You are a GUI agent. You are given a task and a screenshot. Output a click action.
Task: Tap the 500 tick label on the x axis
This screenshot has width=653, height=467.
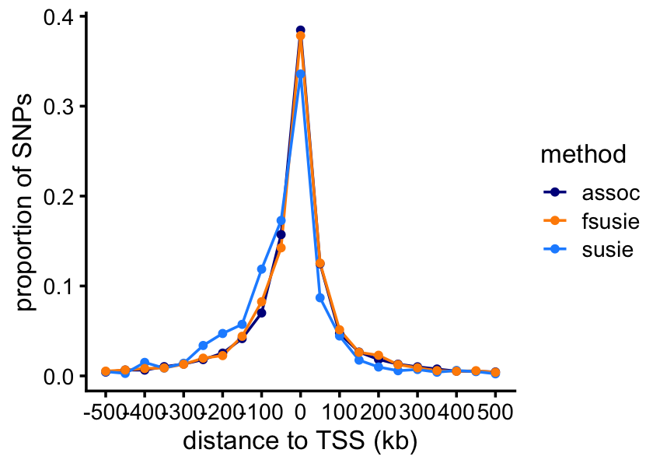coord(495,409)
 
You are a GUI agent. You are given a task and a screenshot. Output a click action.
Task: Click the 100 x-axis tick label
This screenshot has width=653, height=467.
coord(339,409)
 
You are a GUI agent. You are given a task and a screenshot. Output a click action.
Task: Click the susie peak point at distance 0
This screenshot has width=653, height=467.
coord(300,75)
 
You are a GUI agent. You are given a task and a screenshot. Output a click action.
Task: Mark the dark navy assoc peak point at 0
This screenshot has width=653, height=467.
coord(300,30)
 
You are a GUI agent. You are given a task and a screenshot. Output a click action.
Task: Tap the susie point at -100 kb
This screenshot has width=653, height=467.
coord(261,269)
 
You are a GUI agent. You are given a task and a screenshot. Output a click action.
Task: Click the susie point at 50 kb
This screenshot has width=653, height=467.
coord(320,298)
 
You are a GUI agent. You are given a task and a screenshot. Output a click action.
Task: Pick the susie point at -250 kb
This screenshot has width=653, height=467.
coord(203,346)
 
